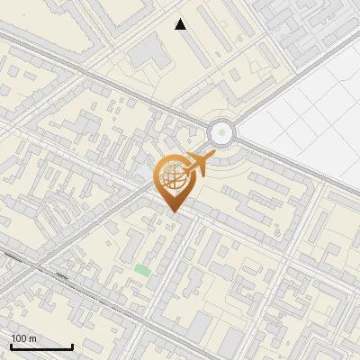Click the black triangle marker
(181, 24)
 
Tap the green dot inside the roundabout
(221, 134)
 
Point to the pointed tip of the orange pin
(173, 212)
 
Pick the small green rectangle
(142, 270)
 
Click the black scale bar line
(40, 346)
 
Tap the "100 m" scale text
(24, 338)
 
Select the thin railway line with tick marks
(54, 269)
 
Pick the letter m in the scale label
(32, 338)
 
